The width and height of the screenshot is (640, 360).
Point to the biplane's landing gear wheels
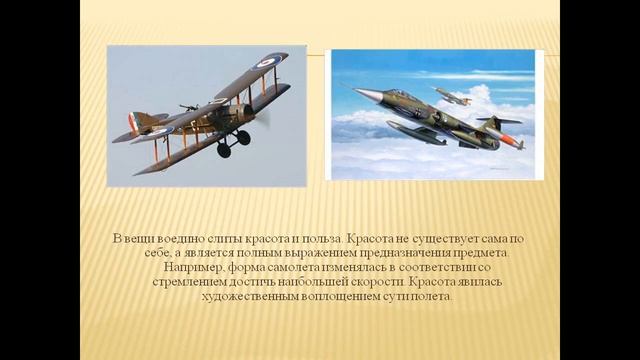coord(233,144)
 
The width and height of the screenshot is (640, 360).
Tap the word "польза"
coord(319,239)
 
